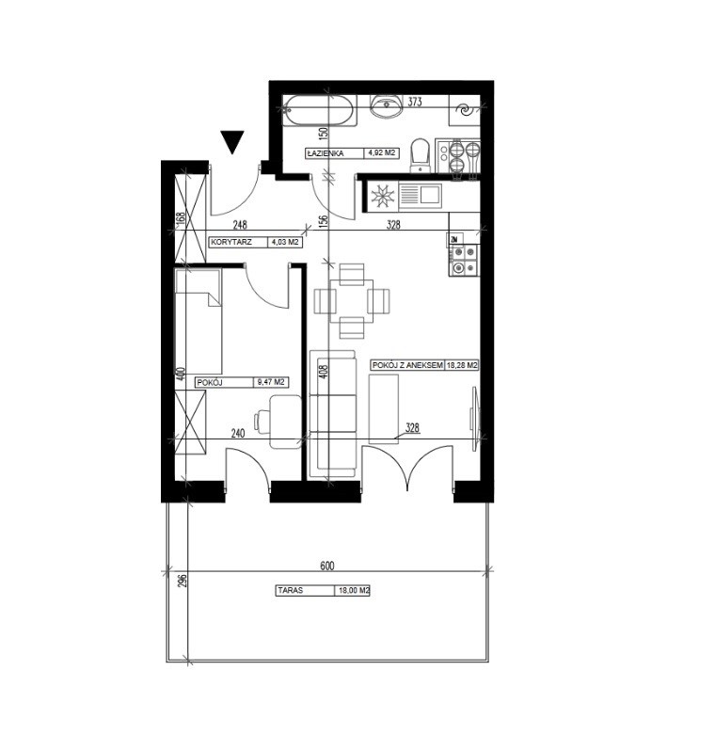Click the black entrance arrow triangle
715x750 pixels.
pyautogui.click(x=232, y=141)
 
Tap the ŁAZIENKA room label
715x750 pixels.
pyautogui.click(x=326, y=153)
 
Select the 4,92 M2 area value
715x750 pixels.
pyautogui.click(x=381, y=153)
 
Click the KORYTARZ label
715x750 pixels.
pyautogui.click(x=231, y=242)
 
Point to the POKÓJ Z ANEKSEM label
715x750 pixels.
pyautogui.click(x=407, y=365)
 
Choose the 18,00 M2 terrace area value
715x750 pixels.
pyautogui.click(x=354, y=590)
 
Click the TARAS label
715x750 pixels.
pyautogui.click(x=291, y=590)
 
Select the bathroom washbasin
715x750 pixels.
pyautogui.click(x=387, y=106)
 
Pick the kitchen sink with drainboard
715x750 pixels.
pyautogui.click(x=420, y=196)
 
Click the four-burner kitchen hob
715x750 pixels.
pyautogui.click(x=464, y=262)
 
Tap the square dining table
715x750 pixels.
pyautogui.click(x=352, y=301)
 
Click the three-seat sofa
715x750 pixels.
pyautogui.click(x=333, y=414)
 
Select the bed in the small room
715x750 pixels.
pyautogui.click(x=199, y=322)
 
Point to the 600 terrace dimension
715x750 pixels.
pyautogui.click(x=327, y=566)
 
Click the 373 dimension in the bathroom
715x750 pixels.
pyautogui.click(x=415, y=102)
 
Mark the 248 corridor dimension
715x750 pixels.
pyautogui.click(x=240, y=224)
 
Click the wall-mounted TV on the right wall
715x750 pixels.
pyautogui.click(x=474, y=419)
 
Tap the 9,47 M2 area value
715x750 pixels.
pyautogui.click(x=271, y=382)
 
